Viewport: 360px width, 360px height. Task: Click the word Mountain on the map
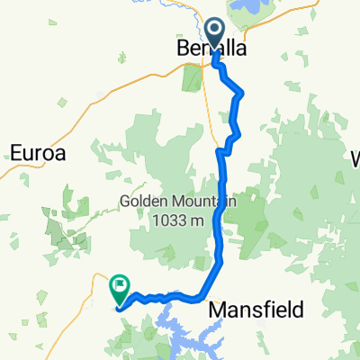tap(205, 201)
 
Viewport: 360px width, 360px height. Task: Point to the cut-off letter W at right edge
tap(354, 159)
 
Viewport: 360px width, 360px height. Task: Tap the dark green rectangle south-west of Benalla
tap(193, 77)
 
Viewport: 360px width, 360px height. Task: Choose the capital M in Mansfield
tap(217, 310)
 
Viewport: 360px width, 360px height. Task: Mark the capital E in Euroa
tap(15, 153)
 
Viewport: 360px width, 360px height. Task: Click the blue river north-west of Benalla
tap(192, 13)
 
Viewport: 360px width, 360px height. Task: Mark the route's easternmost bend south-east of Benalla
tap(243, 94)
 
